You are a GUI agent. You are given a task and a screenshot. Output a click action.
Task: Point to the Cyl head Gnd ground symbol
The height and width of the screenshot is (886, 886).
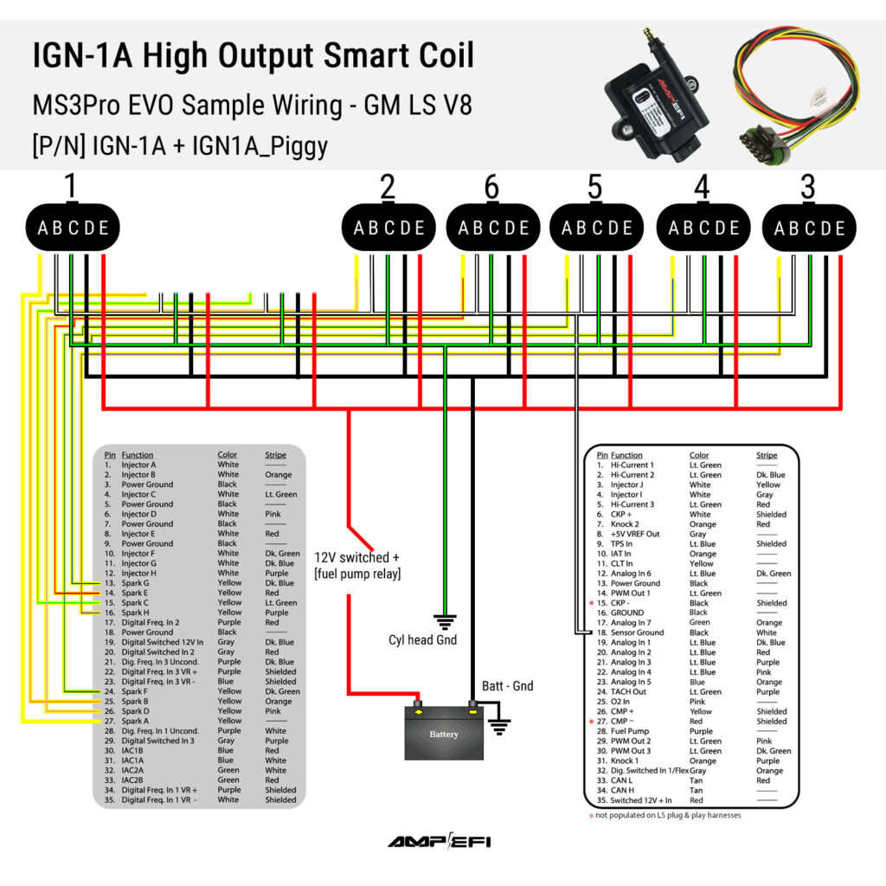tap(445, 621)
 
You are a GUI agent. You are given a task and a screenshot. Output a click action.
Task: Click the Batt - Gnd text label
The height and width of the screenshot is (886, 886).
tap(507, 686)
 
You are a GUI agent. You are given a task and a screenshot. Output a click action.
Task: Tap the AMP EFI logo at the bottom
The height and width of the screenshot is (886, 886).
tap(440, 842)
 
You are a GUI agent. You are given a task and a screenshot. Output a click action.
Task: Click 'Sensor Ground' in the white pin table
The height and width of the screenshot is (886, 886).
tap(637, 632)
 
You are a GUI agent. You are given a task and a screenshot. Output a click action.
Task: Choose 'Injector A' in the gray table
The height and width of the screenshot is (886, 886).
tap(138, 465)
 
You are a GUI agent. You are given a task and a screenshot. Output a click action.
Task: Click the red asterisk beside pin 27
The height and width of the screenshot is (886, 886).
tap(592, 722)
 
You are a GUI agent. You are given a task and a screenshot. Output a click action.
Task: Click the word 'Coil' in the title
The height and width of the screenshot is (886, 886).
tap(440, 55)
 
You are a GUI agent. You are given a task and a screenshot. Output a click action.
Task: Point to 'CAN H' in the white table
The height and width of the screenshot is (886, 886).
tap(625, 790)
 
